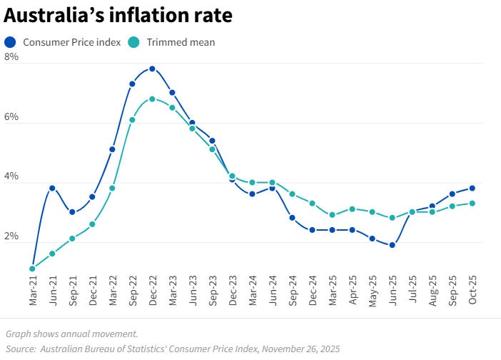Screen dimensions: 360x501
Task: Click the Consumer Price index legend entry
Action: click(x=71, y=42)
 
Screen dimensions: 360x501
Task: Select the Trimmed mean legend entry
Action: click(x=181, y=42)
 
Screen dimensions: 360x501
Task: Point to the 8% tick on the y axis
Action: click(x=11, y=57)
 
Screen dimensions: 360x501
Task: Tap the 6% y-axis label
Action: click(x=11, y=116)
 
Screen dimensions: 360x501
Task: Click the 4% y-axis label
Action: click(x=11, y=176)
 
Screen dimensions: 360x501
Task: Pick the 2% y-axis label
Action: click(x=11, y=236)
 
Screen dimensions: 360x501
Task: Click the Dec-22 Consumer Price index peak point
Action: click(x=152, y=69)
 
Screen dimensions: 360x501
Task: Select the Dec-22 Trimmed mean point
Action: click(x=152, y=99)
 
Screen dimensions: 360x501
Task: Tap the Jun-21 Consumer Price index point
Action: click(x=52, y=188)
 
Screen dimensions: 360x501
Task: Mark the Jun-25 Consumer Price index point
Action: click(x=392, y=245)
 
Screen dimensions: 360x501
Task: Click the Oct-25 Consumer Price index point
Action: click(x=472, y=188)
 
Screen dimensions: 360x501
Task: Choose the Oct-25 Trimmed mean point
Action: click(x=472, y=203)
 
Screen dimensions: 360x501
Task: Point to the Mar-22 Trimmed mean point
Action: click(x=112, y=188)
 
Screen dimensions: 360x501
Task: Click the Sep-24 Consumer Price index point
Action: click(x=292, y=218)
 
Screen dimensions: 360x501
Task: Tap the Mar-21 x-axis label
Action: click(x=33, y=291)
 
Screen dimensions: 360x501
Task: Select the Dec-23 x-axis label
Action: click(x=233, y=291)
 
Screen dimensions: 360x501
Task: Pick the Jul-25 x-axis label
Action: click(x=413, y=291)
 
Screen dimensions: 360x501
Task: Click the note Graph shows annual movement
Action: click(x=71, y=334)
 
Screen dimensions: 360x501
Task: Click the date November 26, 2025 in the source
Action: click(x=300, y=349)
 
